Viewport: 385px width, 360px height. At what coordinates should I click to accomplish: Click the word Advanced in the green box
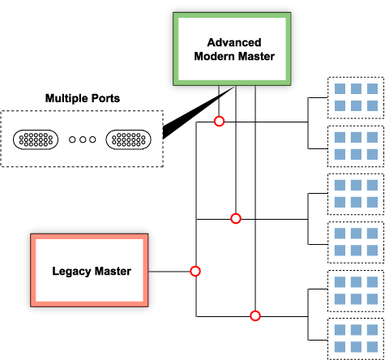(234, 42)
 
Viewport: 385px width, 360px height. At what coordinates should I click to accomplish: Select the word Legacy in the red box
(71, 272)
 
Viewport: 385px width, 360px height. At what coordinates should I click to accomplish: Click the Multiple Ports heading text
(83, 98)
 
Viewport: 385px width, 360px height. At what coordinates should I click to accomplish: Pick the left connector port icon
(36, 139)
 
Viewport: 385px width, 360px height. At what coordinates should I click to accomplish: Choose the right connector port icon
(129, 139)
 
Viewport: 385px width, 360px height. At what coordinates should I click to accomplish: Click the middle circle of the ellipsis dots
(83, 139)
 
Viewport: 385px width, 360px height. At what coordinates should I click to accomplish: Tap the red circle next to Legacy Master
(195, 271)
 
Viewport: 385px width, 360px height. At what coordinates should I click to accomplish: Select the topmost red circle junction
(219, 121)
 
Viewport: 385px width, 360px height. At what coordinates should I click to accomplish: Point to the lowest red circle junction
(255, 315)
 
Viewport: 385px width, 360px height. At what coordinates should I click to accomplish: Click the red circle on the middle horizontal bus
(236, 218)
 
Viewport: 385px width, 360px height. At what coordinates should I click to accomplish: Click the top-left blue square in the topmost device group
(340, 88)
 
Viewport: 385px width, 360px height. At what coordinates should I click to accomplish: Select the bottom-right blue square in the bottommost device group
(372, 347)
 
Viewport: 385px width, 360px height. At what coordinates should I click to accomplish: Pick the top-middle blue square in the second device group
(356, 137)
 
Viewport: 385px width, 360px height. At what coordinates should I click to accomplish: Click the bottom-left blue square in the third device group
(340, 202)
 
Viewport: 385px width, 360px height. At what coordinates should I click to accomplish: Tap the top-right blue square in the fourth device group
(372, 234)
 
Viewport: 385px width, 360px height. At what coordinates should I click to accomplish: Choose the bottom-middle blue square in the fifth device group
(356, 299)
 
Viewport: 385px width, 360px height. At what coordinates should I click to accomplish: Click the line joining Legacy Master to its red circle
(169, 272)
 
